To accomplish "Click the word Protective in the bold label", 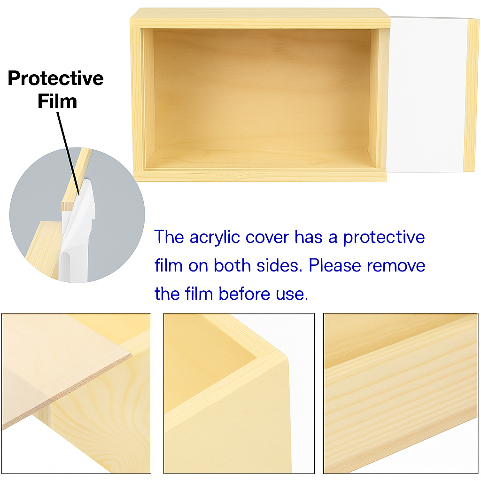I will (55, 78).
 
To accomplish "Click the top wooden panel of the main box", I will (260, 19).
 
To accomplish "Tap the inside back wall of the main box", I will (261, 89).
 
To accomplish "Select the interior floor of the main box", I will (260, 160).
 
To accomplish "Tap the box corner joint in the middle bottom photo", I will (273, 357).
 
